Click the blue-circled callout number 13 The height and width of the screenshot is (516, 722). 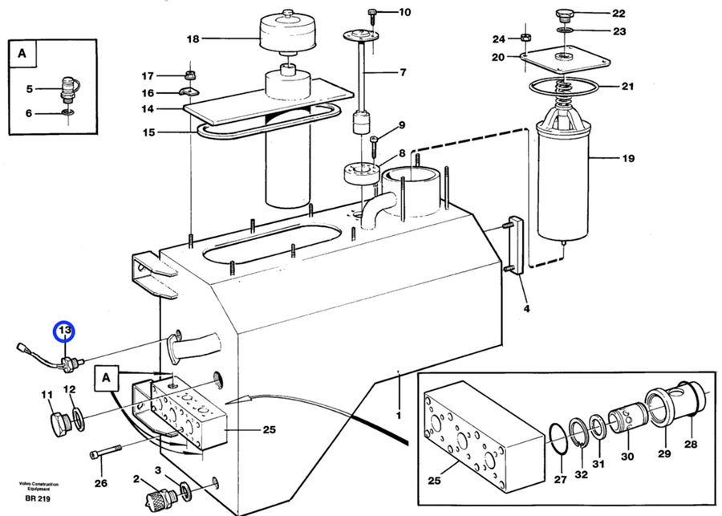point(64,331)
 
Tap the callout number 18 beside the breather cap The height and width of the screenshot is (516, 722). point(193,39)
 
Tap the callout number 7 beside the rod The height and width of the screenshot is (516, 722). point(404,72)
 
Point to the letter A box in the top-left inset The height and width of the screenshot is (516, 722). point(22,54)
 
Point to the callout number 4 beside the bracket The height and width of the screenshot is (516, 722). point(526,308)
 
